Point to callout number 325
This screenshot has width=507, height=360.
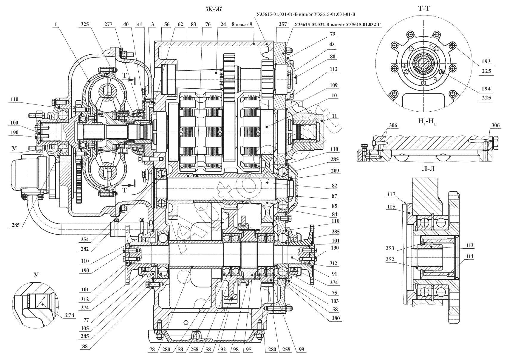click(86, 25)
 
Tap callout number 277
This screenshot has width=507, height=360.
click(109, 25)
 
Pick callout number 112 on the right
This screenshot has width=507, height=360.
click(334, 69)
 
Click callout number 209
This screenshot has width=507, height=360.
click(334, 171)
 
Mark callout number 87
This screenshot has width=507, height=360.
click(334, 196)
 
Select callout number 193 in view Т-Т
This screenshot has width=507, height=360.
click(486, 61)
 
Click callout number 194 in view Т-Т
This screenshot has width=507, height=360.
click(486, 89)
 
